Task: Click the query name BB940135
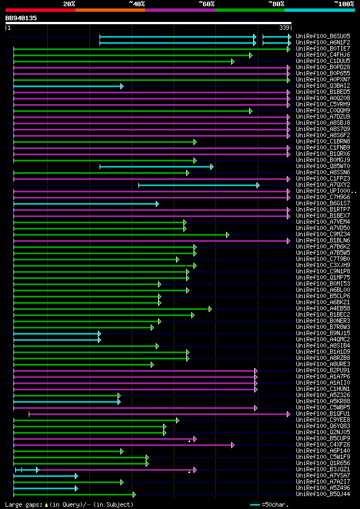click(x=21, y=18)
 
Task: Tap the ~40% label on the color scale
click(x=137, y=3)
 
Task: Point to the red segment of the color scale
click(x=40, y=10)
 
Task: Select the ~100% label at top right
click(x=344, y=3)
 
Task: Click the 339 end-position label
click(x=284, y=28)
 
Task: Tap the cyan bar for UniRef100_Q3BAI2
click(x=67, y=86)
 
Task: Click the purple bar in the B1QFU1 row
click(x=157, y=414)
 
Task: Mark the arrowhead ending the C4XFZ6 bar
click(x=232, y=445)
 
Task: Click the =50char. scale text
click(x=275, y=505)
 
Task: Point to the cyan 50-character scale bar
click(x=255, y=505)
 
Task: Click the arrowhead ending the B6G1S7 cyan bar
click(x=157, y=204)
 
